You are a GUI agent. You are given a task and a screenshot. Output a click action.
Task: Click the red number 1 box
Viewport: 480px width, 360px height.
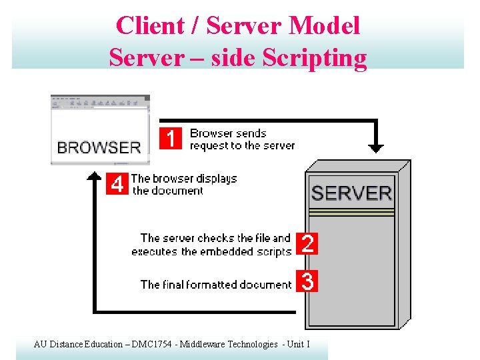(x=171, y=139)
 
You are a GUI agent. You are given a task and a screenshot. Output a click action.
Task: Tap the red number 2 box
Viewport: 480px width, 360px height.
(x=307, y=244)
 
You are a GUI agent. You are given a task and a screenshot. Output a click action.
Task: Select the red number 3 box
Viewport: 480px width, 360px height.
(x=307, y=281)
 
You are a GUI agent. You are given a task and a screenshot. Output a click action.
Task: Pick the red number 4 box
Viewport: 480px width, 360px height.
(x=117, y=184)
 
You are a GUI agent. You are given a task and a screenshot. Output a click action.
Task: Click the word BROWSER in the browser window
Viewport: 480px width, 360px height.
(x=99, y=147)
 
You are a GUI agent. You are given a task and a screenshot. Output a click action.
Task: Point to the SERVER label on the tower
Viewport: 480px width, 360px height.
(x=351, y=193)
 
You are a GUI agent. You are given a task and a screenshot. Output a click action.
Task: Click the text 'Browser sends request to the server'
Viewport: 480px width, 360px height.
(x=242, y=139)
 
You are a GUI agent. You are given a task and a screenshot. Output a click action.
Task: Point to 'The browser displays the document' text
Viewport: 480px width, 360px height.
(x=184, y=184)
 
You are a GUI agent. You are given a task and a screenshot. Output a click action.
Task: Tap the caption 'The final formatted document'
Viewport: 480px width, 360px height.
(x=216, y=285)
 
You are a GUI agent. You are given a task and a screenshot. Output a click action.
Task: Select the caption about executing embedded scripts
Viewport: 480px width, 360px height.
(x=212, y=245)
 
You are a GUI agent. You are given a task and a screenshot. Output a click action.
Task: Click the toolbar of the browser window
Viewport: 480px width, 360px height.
(x=100, y=103)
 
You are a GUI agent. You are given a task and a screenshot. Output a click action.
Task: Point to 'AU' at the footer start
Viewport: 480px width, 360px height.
(x=39, y=345)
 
